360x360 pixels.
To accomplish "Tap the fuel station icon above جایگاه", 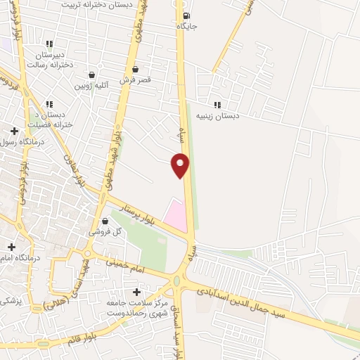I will point(185,16).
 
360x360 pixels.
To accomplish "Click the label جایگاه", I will point(186,27).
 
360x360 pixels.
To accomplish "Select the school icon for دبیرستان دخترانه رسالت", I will point(49,44).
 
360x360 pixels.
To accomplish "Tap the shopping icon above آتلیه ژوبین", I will point(91,75).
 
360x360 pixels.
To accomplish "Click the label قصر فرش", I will point(135,80).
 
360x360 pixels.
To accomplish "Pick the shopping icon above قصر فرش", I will point(135,70).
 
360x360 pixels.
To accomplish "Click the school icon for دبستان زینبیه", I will point(217,105).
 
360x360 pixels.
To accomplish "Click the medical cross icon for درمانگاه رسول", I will point(14,130).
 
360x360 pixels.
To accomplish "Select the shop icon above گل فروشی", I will point(105,221).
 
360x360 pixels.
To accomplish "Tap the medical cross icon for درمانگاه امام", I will point(11,247).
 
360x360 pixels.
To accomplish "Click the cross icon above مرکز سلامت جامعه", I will point(136,291).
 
